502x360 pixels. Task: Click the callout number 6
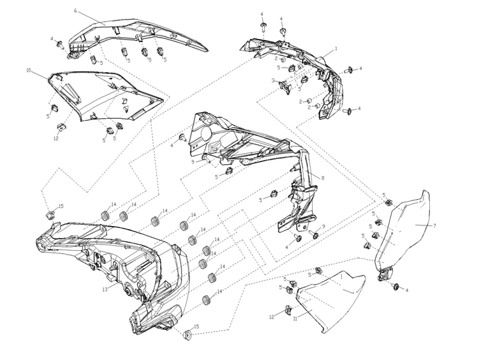click(x=75, y=11)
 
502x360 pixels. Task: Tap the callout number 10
click(x=29, y=70)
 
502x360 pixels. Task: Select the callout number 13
click(x=105, y=290)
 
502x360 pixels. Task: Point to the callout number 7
click(x=434, y=226)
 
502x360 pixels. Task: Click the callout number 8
click(x=322, y=177)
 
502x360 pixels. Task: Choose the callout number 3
click(x=273, y=80)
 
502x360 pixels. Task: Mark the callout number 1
click(x=336, y=49)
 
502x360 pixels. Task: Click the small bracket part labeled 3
click(x=285, y=87)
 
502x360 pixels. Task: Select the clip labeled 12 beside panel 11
click(x=288, y=310)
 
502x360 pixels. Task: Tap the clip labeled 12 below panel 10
click(x=61, y=127)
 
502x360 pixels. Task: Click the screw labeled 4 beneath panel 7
click(x=396, y=287)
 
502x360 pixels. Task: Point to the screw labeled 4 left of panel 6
click(x=60, y=45)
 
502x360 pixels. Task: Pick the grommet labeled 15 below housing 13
click(x=188, y=335)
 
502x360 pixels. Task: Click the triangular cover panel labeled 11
click(x=330, y=301)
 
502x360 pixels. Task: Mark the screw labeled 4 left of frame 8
click(x=183, y=138)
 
